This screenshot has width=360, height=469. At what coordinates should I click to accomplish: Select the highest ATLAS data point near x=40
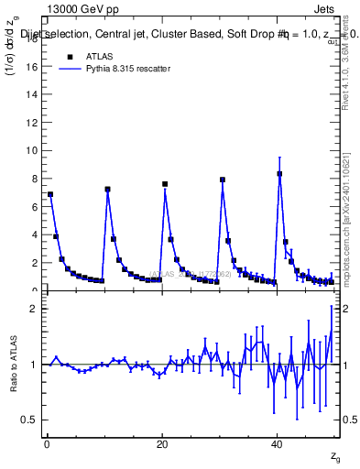pos(279,173)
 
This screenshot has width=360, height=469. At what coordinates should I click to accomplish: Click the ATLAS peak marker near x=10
pos(108,190)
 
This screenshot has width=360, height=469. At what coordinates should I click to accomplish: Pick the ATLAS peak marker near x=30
pos(223,180)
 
